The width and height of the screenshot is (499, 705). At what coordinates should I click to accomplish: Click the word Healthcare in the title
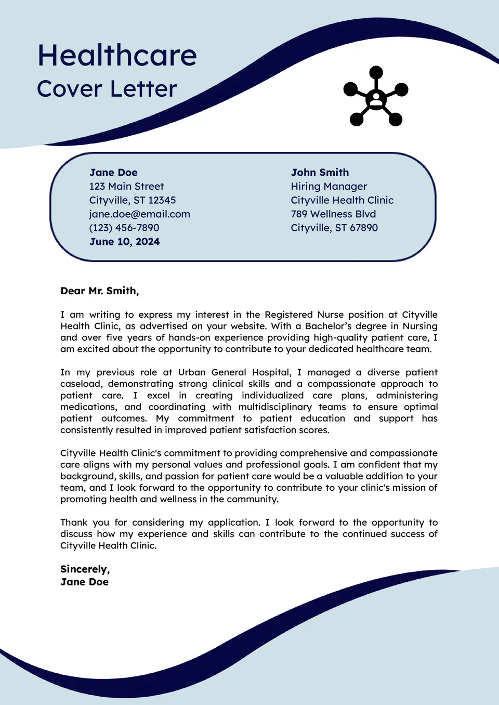click(117, 56)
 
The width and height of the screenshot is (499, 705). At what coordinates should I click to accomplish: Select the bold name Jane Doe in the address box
click(113, 173)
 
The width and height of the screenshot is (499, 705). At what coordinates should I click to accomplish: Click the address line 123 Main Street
click(126, 186)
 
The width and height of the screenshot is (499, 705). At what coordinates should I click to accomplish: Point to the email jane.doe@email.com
click(139, 214)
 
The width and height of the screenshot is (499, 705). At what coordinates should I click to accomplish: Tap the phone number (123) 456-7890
click(124, 228)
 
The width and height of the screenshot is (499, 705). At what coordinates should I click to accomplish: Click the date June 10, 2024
click(124, 242)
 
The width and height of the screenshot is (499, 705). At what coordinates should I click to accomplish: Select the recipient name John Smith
click(320, 173)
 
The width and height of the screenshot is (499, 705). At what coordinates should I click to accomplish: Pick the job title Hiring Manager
click(329, 186)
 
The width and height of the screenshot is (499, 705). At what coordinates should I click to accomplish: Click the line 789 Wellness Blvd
click(333, 214)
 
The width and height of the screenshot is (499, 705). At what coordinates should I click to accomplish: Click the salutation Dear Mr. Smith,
click(100, 291)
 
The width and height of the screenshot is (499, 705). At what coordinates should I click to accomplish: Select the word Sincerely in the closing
click(84, 569)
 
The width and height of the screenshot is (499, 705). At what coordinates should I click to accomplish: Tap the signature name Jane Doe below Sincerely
click(84, 582)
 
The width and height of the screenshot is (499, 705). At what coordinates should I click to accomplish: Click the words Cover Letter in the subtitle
click(107, 89)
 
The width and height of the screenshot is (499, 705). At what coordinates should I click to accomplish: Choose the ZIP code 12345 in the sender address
click(162, 200)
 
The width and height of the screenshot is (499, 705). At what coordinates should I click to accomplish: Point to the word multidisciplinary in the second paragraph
click(275, 407)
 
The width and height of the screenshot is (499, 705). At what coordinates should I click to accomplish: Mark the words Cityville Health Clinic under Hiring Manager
click(342, 200)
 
